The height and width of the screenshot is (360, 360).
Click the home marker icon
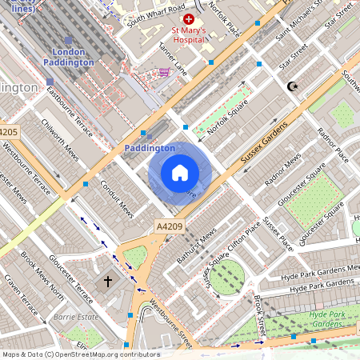(x=180, y=173)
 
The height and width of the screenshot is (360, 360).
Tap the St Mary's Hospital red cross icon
(x=189, y=18)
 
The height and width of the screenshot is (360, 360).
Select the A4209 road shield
(x=169, y=226)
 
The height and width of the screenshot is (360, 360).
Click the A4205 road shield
(x=8, y=132)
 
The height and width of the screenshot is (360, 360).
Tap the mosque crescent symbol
(x=291, y=86)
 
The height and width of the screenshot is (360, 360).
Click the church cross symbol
(x=108, y=282)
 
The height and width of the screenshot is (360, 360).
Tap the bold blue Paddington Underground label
(x=150, y=148)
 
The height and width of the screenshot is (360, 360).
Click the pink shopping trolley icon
(x=164, y=72)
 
